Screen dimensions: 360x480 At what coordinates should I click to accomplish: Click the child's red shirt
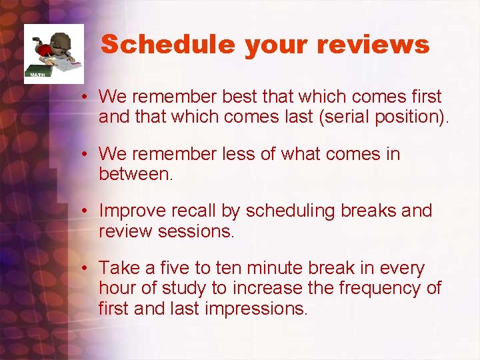(x=45, y=51)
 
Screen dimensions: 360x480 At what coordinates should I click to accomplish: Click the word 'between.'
(x=135, y=174)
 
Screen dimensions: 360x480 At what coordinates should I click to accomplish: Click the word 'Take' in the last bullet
(x=118, y=268)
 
